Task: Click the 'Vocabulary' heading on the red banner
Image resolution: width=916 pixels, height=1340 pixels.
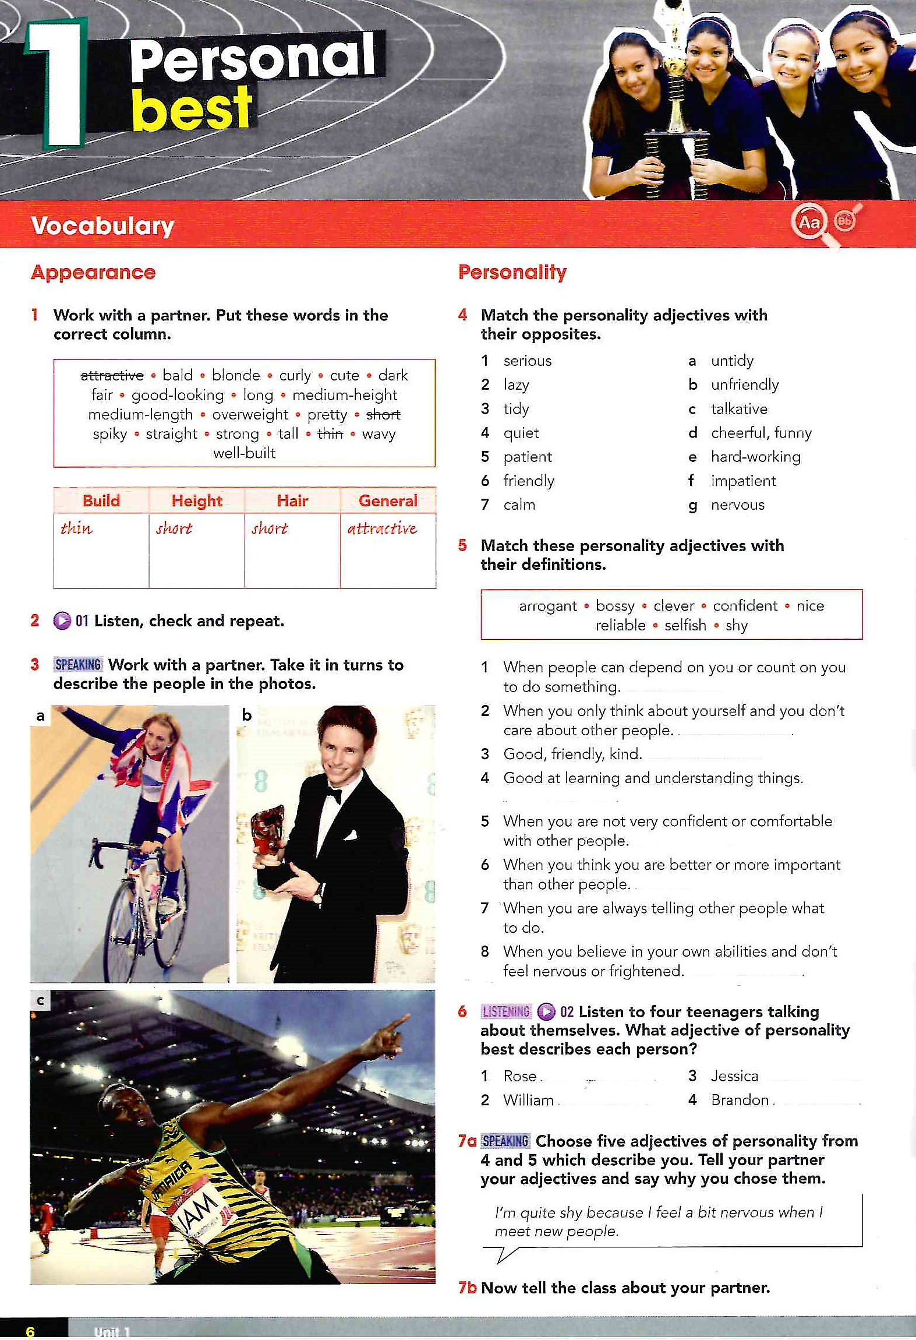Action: tap(102, 225)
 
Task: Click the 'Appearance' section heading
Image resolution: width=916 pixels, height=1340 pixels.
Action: tap(93, 272)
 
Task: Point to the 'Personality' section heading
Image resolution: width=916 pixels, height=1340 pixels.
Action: tap(512, 272)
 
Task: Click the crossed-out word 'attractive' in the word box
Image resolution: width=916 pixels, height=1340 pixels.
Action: tap(112, 375)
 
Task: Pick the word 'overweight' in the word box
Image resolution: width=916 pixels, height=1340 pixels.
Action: tap(250, 414)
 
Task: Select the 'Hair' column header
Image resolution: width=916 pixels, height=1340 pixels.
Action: tap(292, 500)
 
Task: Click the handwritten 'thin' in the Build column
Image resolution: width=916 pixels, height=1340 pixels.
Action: tap(76, 528)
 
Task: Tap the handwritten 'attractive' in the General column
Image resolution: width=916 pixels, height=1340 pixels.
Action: tap(382, 528)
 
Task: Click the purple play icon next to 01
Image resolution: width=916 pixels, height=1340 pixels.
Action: tap(62, 621)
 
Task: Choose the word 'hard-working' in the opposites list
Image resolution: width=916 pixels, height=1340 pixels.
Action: tap(755, 457)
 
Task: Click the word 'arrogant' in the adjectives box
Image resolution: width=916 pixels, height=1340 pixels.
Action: tap(548, 606)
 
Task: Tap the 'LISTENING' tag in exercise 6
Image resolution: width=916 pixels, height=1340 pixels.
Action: tap(505, 1011)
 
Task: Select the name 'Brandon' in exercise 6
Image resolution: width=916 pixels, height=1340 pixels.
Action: tap(740, 1100)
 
